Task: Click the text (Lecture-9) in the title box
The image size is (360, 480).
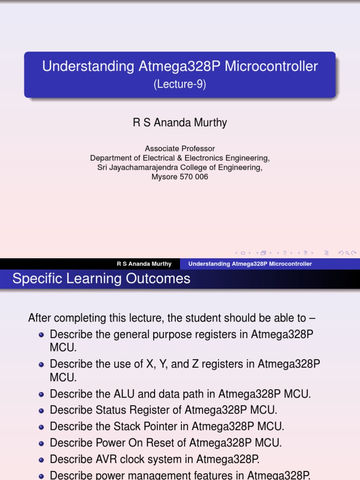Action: click(180, 85)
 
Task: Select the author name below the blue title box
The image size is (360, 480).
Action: click(180, 123)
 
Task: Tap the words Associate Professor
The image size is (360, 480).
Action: click(180, 149)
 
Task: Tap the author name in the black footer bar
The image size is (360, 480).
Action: click(144, 264)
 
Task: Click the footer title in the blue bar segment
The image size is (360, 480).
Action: click(250, 264)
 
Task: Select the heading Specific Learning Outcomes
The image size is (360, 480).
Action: click(101, 279)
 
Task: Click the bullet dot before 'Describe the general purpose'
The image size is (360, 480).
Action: click(41, 335)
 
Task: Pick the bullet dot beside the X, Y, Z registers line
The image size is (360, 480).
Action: click(41, 364)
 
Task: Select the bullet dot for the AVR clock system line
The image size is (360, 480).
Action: click(41, 459)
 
